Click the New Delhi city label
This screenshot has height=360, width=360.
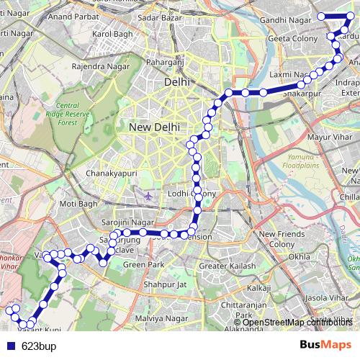[154, 127]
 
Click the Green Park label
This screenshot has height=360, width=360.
[140, 265]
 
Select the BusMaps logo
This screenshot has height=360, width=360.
[325, 345]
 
